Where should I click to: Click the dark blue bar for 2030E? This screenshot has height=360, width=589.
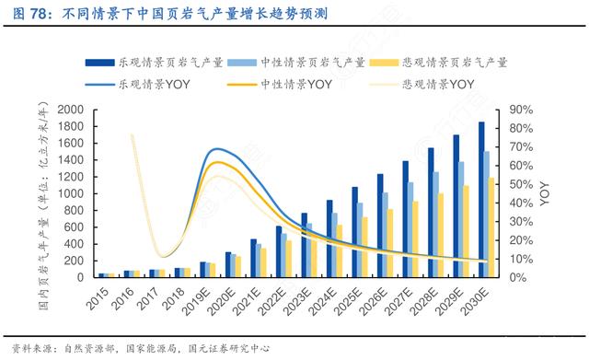tap(480, 199)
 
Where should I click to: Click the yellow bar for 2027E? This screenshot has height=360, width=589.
tap(417, 238)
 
